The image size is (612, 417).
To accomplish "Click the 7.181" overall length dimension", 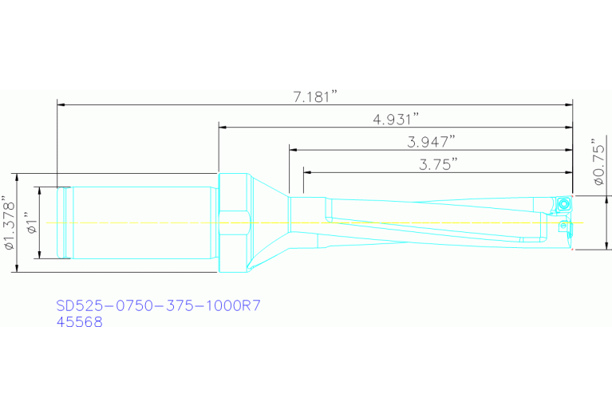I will point(316,96).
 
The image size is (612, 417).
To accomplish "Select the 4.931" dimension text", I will point(396,120).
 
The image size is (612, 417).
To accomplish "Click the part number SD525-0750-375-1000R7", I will point(159,305).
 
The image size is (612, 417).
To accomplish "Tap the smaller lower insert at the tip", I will point(565,227).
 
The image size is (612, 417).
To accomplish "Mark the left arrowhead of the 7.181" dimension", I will point(61,104).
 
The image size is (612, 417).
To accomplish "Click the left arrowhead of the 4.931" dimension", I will point(223,126).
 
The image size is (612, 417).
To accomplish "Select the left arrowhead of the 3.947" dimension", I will point(293,148).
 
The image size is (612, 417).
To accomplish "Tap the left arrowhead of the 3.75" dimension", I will point(306,171).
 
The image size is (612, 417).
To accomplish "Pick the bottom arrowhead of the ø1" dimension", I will point(40,254).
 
